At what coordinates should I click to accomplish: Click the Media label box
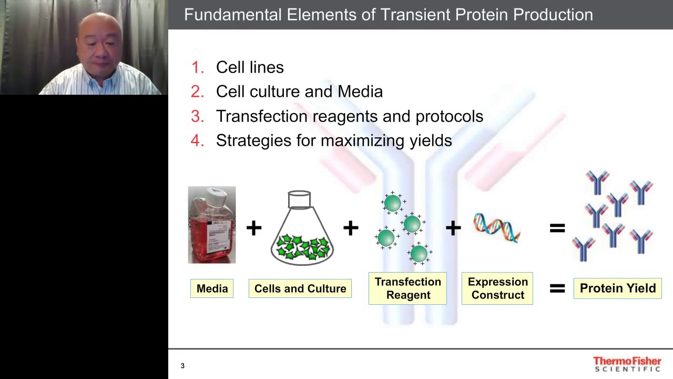[212, 288]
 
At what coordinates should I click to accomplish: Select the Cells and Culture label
[300, 288]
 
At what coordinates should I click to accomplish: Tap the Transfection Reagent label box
[407, 288]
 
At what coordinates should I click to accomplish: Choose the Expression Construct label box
[497, 288]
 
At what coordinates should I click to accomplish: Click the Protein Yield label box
[617, 288]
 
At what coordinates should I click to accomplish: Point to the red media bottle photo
[212, 225]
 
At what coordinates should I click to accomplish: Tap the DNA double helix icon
[497, 227]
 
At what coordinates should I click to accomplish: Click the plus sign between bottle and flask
[254, 228]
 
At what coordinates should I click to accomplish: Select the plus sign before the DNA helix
[453, 228]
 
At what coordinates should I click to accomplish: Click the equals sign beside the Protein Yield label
[557, 288]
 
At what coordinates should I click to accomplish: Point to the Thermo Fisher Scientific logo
[627, 364]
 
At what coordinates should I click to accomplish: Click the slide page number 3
[182, 366]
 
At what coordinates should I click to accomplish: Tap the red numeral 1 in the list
[197, 67]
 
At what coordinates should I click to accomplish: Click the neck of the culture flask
[299, 200]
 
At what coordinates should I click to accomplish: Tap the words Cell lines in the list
[250, 67]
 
